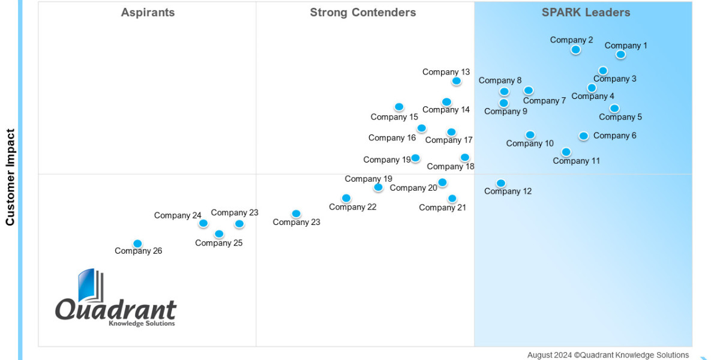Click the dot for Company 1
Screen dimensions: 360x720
(x=620, y=55)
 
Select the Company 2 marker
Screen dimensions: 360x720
(x=575, y=50)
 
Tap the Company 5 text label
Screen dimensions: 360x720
(x=620, y=117)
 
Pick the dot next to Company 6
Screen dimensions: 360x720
(x=583, y=136)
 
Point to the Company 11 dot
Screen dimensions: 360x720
(x=566, y=152)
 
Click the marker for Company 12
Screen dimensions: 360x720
(x=500, y=184)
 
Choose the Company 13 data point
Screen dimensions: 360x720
(x=456, y=81)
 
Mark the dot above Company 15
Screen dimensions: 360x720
(x=398, y=107)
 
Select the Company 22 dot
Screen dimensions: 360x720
(x=346, y=198)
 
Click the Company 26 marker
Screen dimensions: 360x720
(x=137, y=244)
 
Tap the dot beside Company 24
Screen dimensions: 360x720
(x=203, y=223)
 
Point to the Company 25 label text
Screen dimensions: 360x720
(x=218, y=243)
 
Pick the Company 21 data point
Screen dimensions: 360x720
(x=452, y=199)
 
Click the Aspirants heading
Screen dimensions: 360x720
(x=148, y=13)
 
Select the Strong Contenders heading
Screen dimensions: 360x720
(x=363, y=13)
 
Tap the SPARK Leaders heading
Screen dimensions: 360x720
(x=586, y=13)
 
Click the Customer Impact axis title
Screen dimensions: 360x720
(x=10, y=177)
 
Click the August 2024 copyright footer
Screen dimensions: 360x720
(x=608, y=355)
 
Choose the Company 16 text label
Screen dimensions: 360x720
(x=392, y=138)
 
